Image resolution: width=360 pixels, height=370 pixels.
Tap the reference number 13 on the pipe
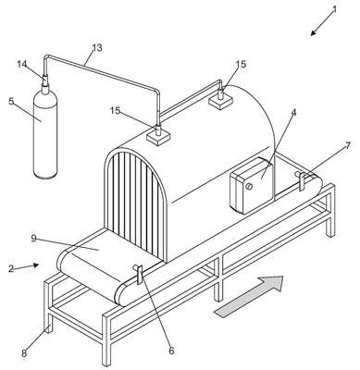point(97,48)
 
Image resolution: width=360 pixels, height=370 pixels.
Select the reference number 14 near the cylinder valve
point(22,64)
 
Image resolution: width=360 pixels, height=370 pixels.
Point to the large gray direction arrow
point(249,296)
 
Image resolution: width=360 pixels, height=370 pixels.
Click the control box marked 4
point(252,186)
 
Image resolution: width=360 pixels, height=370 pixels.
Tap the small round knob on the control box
point(249,186)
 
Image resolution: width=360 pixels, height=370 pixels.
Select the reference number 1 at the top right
point(334,10)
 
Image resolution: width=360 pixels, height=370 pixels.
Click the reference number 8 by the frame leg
point(24,353)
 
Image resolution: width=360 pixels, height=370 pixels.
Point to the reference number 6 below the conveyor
point(171,351)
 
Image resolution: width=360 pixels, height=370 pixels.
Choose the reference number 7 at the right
point(348,145)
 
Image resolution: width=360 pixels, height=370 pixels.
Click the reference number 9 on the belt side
point(34,239)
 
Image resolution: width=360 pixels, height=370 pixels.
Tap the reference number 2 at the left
point(11,268)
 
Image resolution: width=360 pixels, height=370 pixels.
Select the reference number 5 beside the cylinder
point(11,101)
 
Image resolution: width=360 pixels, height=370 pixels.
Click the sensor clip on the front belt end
point(139,273)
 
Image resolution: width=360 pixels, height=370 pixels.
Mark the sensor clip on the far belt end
point(301,180)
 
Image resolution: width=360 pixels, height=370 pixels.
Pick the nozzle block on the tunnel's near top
point(158,135)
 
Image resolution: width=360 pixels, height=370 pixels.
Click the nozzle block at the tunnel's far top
point(221,99)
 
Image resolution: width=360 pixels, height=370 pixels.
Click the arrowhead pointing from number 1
point(313,33)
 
